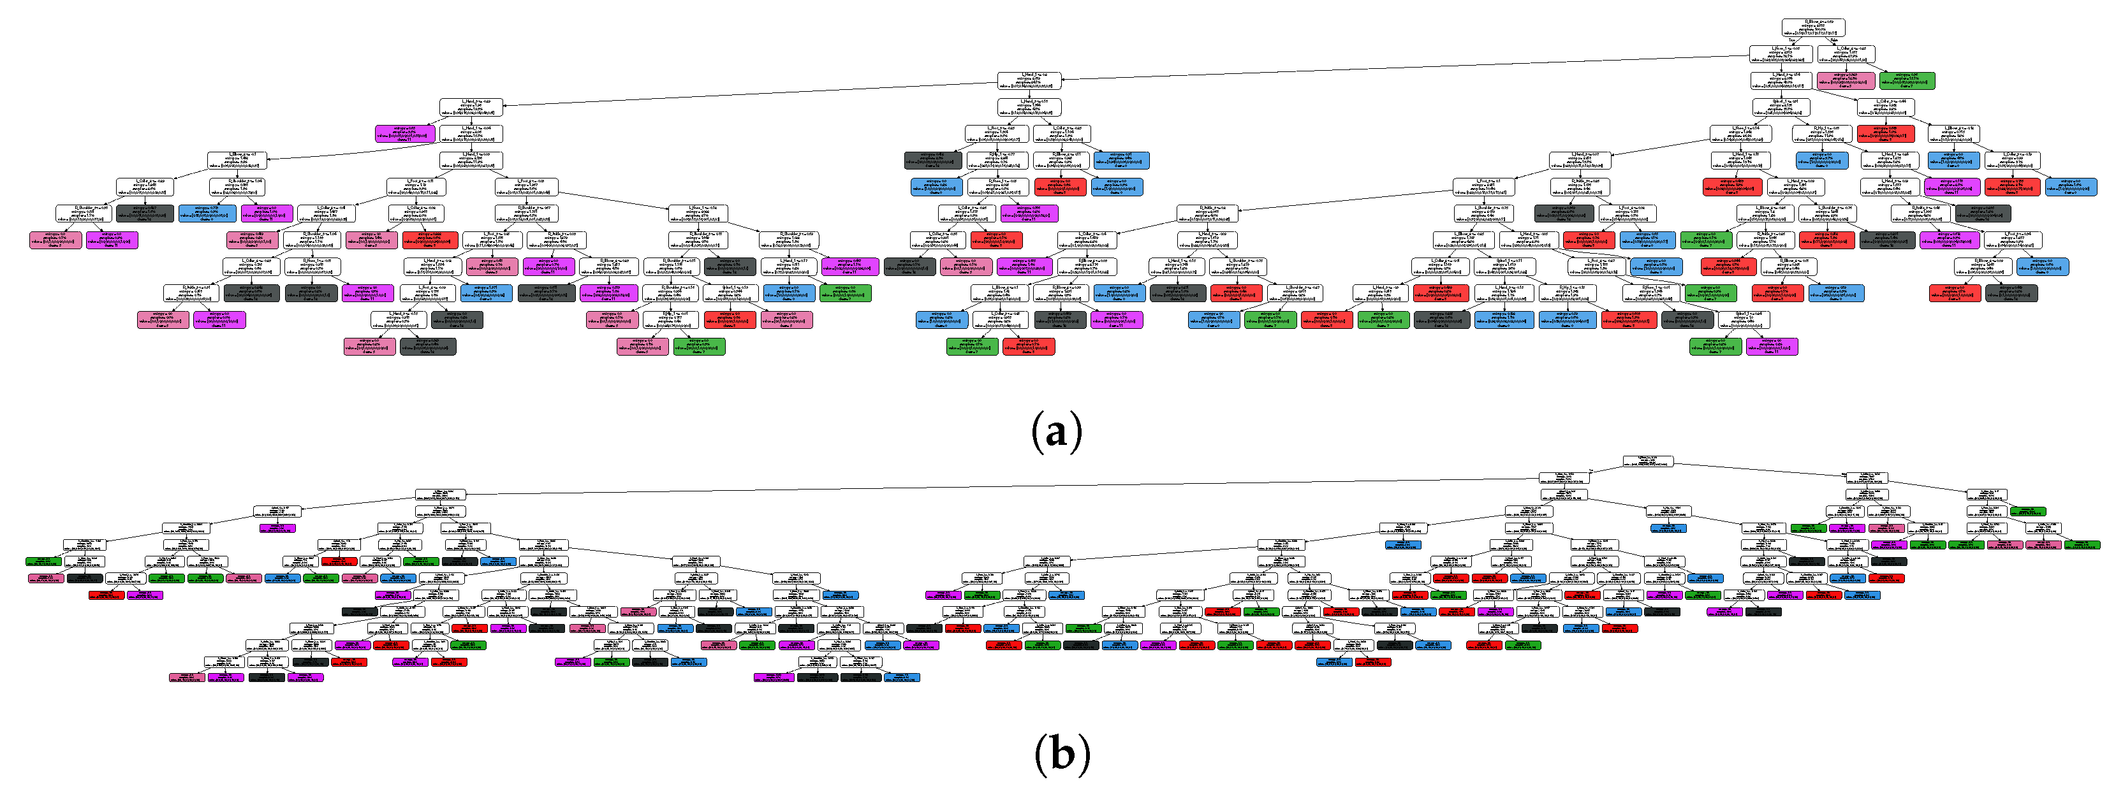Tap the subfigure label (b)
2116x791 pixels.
[1062, 752]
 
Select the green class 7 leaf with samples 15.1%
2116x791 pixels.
[1907, 80]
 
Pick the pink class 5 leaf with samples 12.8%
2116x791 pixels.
[1846, 80]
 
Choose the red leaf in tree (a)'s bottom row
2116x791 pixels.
[1029, 346]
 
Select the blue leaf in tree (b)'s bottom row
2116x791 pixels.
[902, 678]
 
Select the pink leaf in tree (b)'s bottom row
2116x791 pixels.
[186, 678]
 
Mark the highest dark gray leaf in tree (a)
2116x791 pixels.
[933, 159]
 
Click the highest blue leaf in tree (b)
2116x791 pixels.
[1668, 527]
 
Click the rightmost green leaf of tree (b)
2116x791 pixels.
[2082, 544]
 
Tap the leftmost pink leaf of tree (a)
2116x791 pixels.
[56, 240]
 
